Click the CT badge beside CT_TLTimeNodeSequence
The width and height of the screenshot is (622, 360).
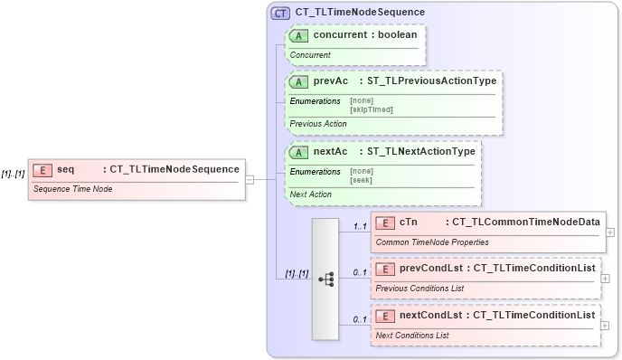point(280,13)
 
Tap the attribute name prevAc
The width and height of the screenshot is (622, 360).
point(331,81)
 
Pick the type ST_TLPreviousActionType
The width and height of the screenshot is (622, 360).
point(431,81)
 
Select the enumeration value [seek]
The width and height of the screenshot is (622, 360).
point(362,179)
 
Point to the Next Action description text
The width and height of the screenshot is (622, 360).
point(310,194)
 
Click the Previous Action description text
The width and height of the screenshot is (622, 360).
point(317,124)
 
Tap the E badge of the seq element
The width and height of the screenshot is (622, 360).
point(42,169)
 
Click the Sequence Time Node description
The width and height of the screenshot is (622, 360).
point(72,189)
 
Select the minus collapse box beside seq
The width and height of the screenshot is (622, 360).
point(250,179)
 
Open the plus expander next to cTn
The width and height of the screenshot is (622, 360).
point(610,232)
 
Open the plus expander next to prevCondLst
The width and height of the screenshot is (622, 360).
point(605,278)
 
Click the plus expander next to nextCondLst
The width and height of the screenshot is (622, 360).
point(605,325)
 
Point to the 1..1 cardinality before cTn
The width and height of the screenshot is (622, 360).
point(359,225)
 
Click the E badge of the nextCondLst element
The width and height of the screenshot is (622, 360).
point(385,316)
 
